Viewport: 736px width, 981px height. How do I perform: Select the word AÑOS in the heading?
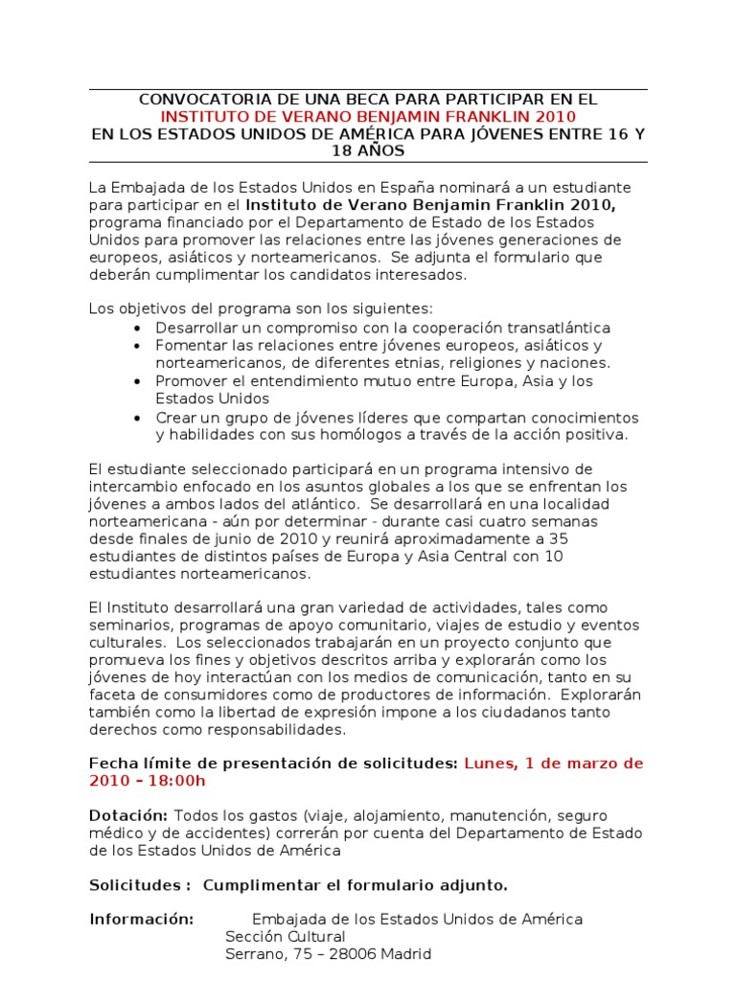tap(381, 151)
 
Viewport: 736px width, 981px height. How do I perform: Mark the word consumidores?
tap(247, 695)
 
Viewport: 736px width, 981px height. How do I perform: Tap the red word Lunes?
tap(488, 764)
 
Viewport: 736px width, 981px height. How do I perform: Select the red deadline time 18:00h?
tap(174, 781)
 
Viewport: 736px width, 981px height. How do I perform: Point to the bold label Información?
tap(142, 920)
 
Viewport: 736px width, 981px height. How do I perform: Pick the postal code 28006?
tap(353, 954)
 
